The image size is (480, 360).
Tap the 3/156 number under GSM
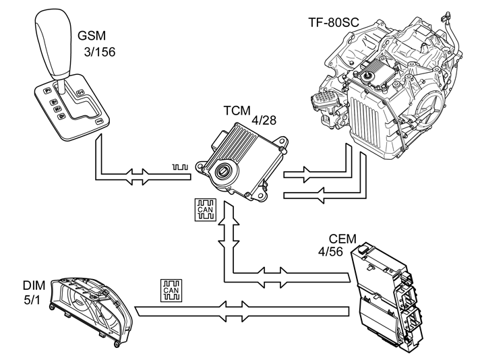(97, 52)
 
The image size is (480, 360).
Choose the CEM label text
(342, 239)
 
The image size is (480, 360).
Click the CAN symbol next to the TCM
(205, 210)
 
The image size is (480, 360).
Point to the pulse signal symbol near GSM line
(180, 166)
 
